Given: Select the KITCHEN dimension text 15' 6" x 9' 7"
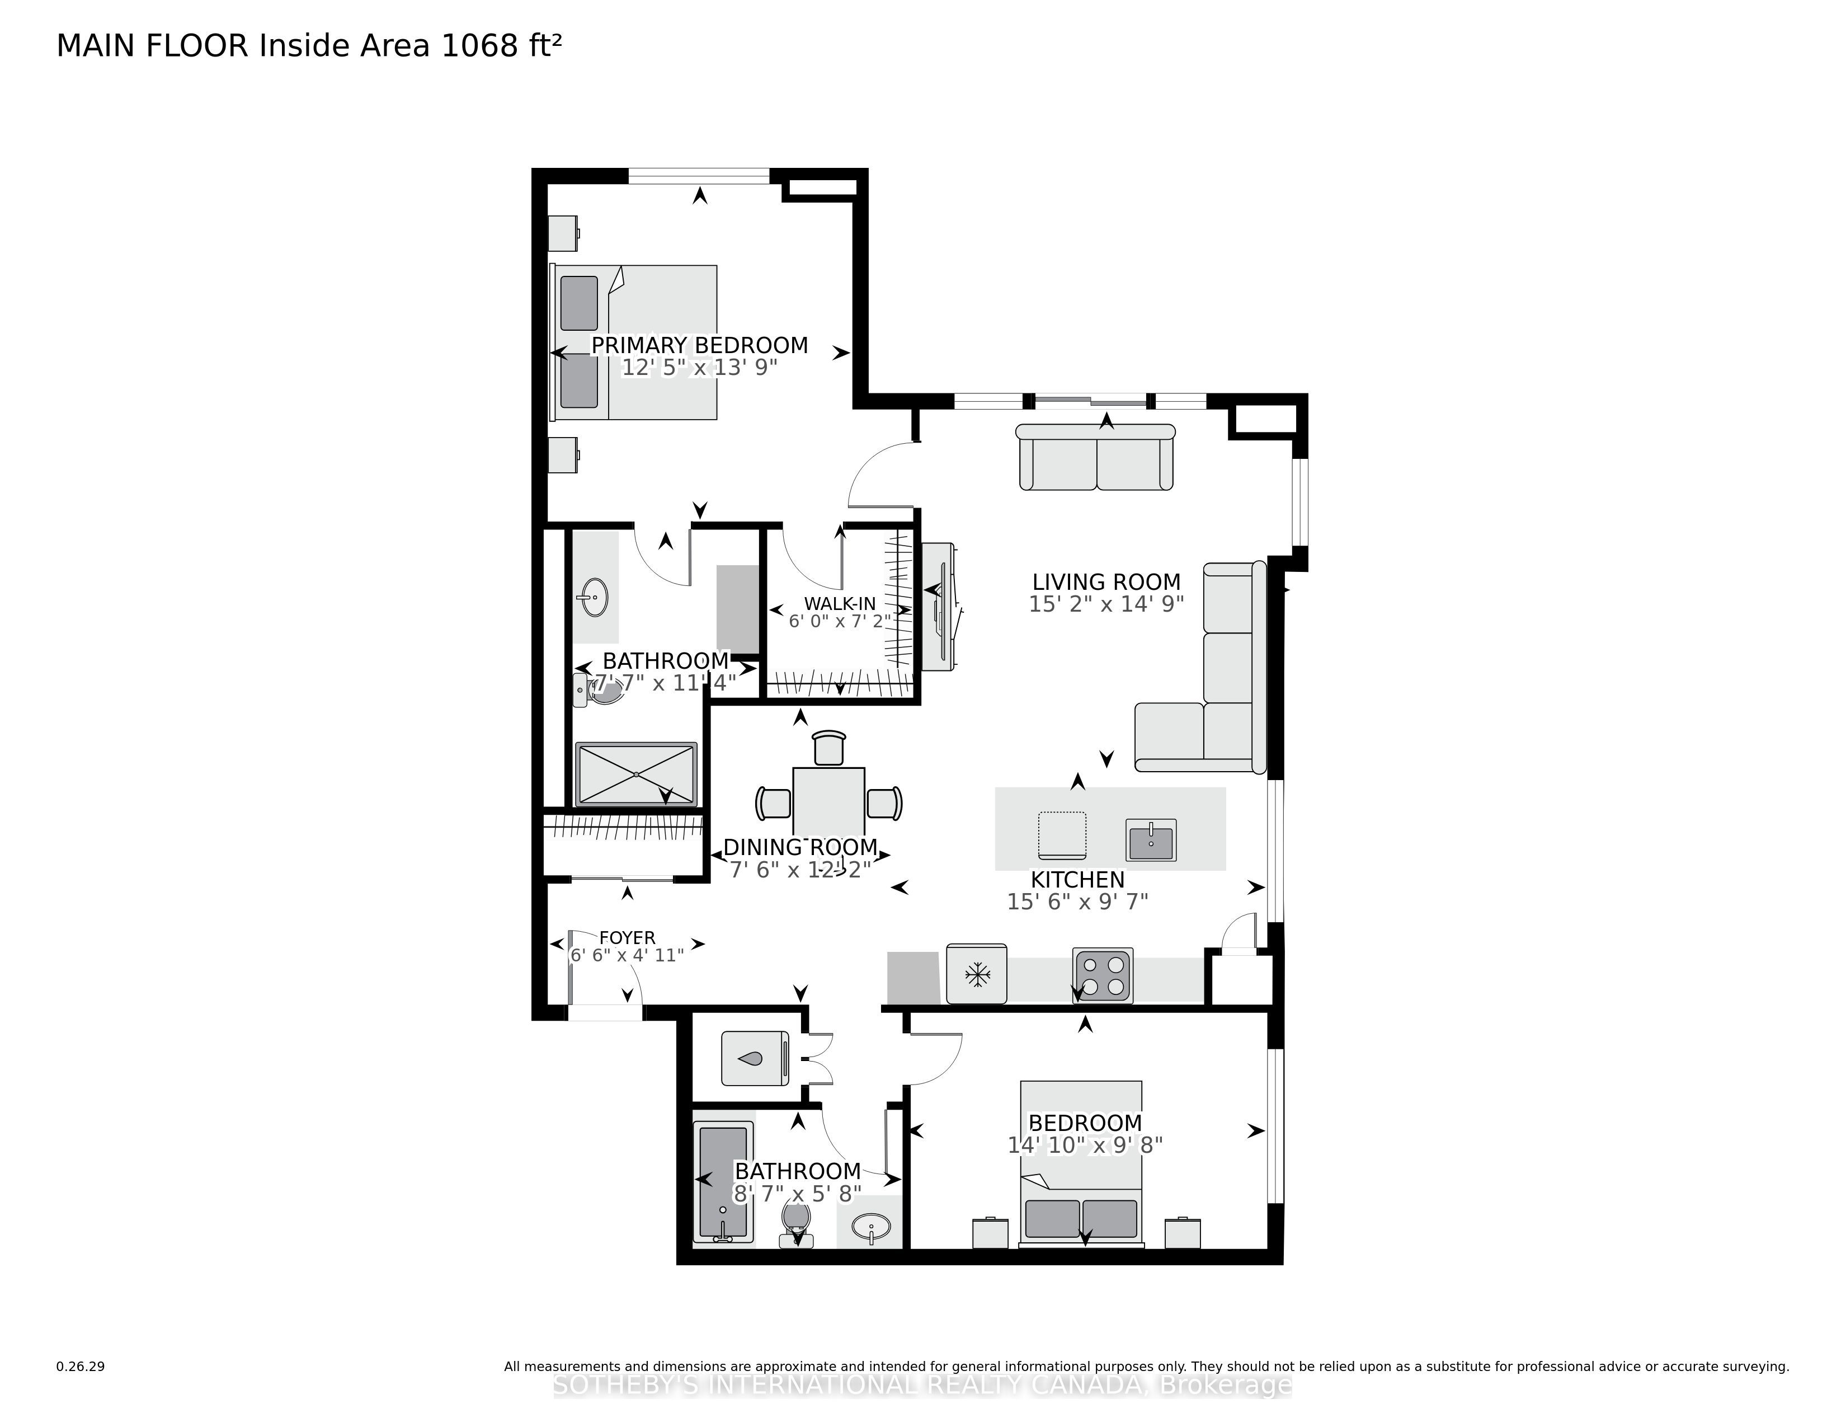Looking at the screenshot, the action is click(x=1078, y=902).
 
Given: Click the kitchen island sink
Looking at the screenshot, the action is click(x=1150, y=841).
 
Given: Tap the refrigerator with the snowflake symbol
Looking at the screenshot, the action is click(x=976, y=974).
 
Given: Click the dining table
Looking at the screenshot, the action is click(x=828, y=801).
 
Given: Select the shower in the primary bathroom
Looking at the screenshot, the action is click(x=637, y=773).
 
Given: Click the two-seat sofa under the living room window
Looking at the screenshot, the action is click(x=1096, y=457).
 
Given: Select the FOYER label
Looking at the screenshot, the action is click(x=627, y=937).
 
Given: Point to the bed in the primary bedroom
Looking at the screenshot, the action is click(x=634, y=342).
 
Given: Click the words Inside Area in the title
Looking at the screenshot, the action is click(x=346, y=46).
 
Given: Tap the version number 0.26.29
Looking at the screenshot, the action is click(x=81, y=1366).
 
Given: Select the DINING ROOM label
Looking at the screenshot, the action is click(x=800, y=847).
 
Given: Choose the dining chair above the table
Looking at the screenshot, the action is click(x=828, y=748).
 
